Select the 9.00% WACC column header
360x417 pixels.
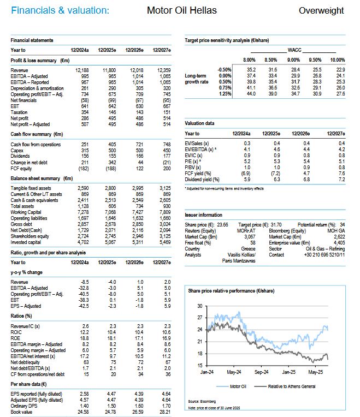pos(294,59)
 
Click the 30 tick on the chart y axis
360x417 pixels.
pos(199,306)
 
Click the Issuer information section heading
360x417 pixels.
pos(204,216)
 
